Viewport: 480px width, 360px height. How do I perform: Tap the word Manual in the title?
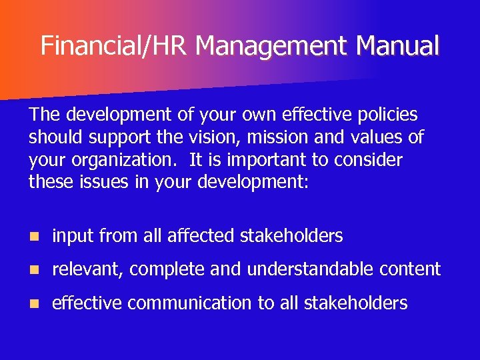pyautogui.click(x=398, y=46)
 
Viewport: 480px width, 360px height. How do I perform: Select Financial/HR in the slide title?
pyautogui.click(x=115, y=46)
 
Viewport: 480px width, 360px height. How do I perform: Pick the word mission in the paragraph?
pyautogui.click(x=297, y=137)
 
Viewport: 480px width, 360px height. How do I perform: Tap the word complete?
pyautogui.click(x=168, y=270)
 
